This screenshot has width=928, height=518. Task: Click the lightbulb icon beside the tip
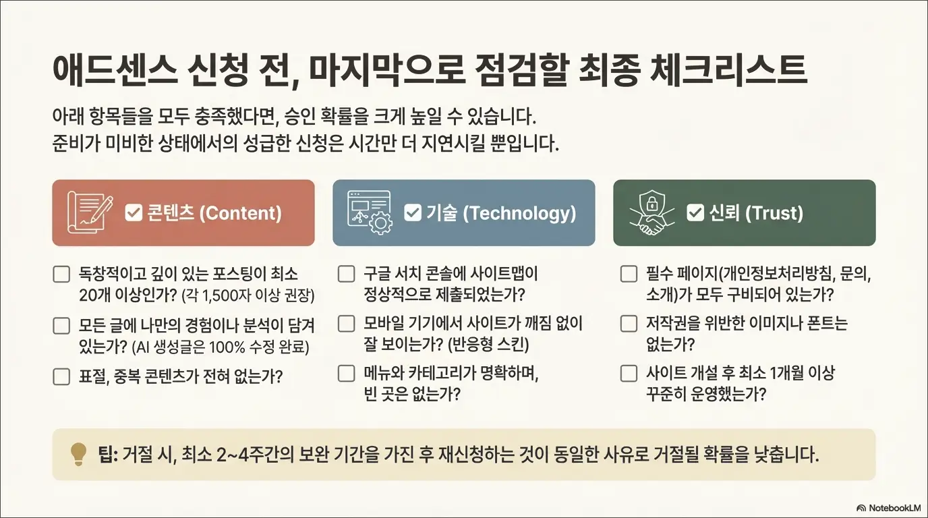tap(79, 454)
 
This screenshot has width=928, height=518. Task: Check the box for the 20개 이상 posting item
tap(61, 275)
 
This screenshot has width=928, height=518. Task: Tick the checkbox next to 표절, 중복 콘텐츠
tap(61, 376)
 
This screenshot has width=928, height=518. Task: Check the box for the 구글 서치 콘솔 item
tap(346, 275)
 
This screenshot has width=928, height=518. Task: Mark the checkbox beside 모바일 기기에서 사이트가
tap(346, 324)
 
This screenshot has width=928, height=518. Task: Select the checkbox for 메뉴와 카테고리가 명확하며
tap(346, 373)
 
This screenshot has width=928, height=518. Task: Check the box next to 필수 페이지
tap(629, 275)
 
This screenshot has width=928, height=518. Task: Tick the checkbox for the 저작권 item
tap(629, 324)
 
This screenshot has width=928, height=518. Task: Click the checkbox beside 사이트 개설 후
tap(629, 373)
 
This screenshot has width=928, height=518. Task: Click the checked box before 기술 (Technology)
tap(412, 213)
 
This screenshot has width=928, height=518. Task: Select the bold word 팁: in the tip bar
tap(109, 454)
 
